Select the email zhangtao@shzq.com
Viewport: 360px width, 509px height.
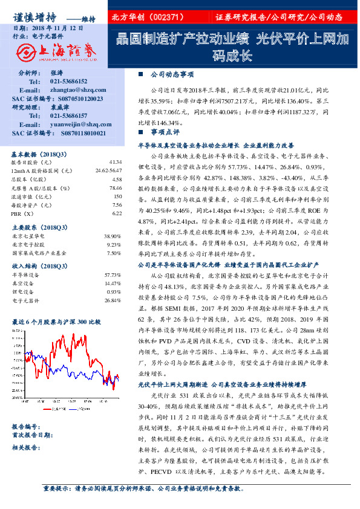click(x=70, y=89)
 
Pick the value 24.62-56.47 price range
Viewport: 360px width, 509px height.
click(x=108, y=171)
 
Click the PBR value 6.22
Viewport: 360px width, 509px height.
click(x=116, y=213)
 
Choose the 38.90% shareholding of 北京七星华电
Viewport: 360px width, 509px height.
click(x=113, y=236)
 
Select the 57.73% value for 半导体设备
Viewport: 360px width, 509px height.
click(x=113, y=275)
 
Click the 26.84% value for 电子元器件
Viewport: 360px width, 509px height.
click(x=113, y=300)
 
